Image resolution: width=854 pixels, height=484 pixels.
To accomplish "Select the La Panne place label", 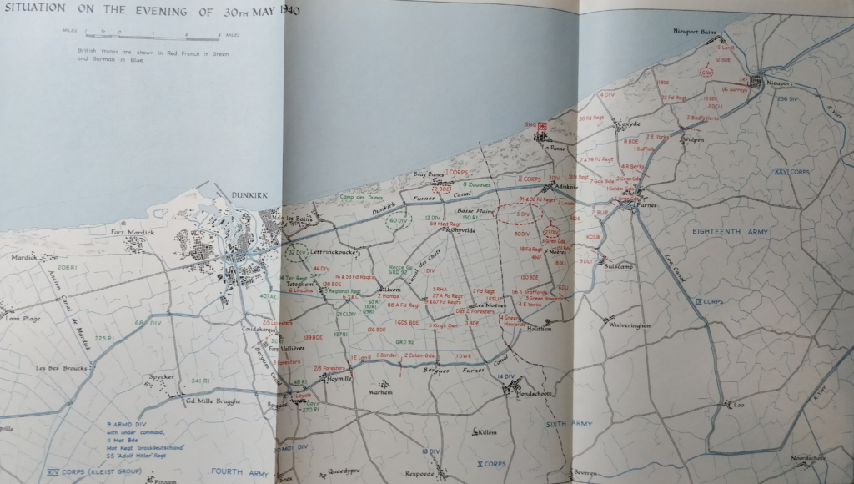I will (554, 148).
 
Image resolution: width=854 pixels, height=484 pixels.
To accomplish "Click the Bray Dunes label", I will (430, 174).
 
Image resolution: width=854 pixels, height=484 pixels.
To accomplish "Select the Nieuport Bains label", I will (696, 31).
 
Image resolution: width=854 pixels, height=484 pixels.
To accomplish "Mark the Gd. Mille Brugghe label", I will (212, 401).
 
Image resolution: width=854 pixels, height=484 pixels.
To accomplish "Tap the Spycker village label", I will (161, 376).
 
